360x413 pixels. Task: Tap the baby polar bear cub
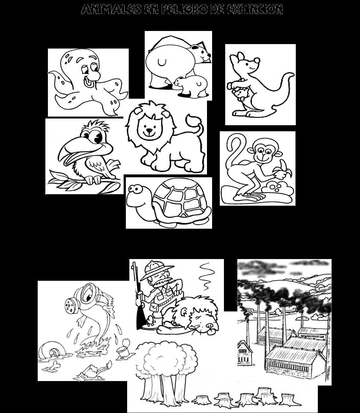[x=191, y=86]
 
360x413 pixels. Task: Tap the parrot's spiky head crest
[x=93, y=125]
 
